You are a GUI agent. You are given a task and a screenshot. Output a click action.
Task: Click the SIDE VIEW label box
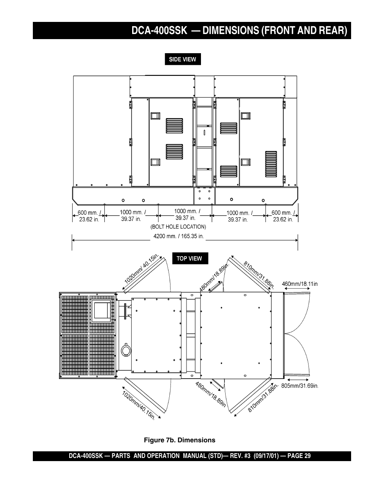coord(182,59)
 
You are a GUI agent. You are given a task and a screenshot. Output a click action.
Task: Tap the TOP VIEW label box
coord(189,259)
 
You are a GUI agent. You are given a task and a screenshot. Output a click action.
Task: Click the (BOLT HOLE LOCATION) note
coord(178,226)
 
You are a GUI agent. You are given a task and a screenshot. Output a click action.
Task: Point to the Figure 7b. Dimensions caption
coord(179,440)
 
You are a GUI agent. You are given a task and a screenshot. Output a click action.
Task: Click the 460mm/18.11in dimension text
coord(300,284)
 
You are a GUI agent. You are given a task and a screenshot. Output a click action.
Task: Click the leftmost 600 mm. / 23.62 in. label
coord(89,216)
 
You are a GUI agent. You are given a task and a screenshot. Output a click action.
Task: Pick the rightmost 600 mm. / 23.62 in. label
coord(283,216)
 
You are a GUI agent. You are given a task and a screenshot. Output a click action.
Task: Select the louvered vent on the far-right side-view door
coord(271,164)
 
